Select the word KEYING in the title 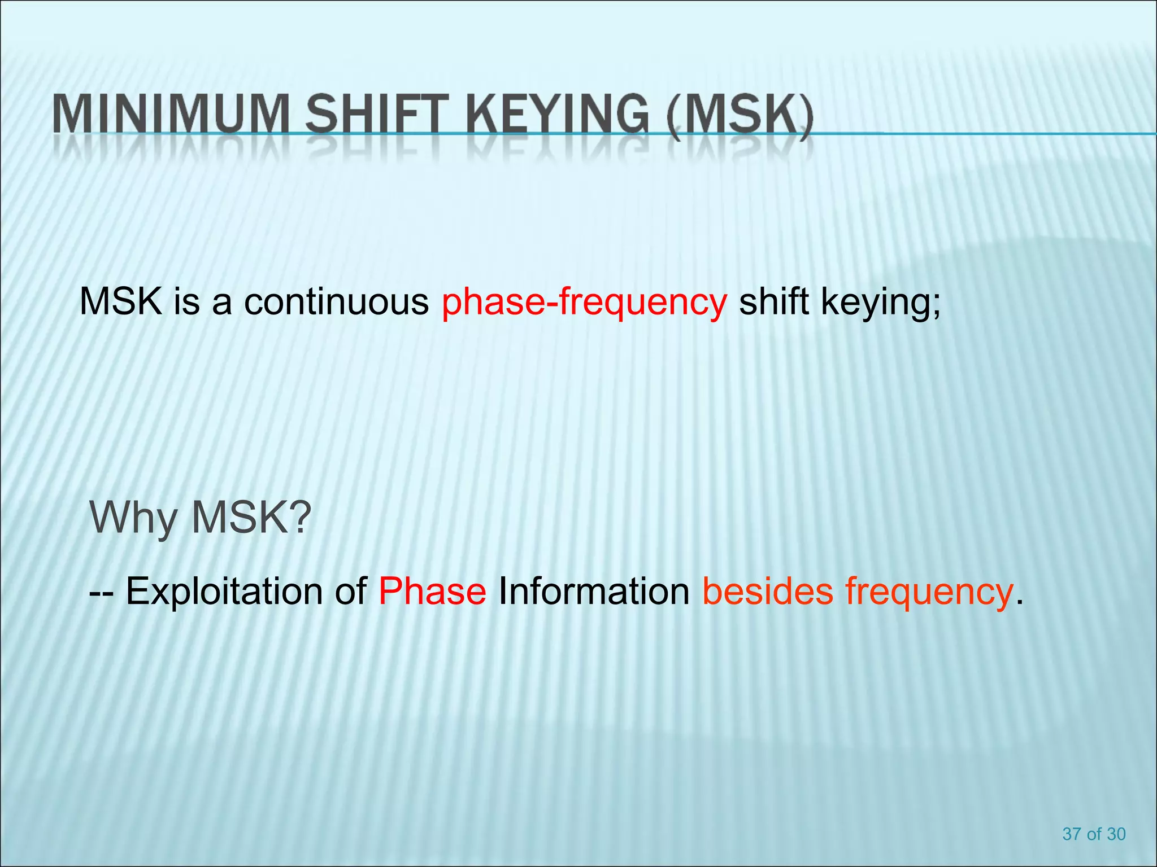(x=556, y=115)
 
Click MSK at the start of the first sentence (x=121, y=301)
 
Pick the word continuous (x=336, y=301)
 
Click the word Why (x=133, y=518)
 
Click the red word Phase (x=432, y=591)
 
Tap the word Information (x=594, y=591)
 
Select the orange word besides (x=768, y=591)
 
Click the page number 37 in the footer (x=1072, y=834)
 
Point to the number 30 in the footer (x=1116, y=834)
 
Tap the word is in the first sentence (x=186, y=301)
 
